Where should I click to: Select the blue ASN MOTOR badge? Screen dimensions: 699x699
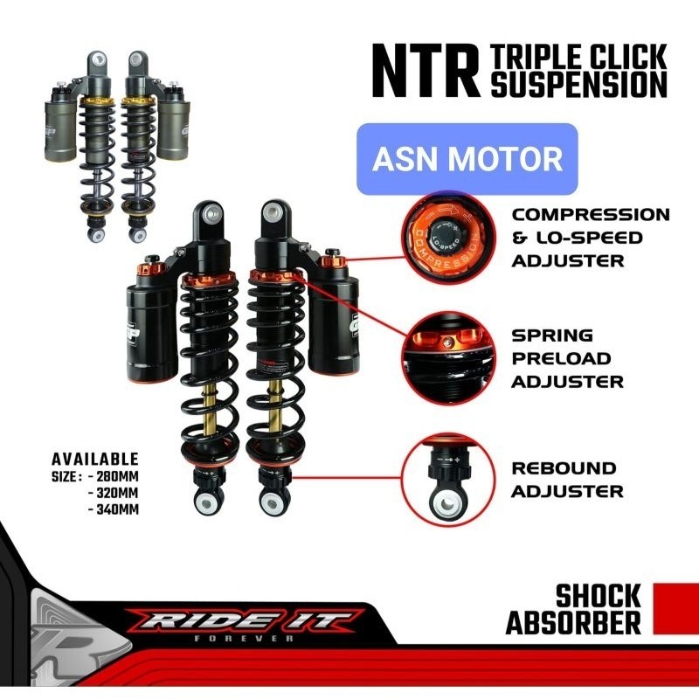[x=467, y=159]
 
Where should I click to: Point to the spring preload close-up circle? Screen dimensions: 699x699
[x=445, y=357]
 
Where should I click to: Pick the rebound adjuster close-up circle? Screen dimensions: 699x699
[x=445, y=480]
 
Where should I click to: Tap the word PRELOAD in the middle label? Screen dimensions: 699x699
[x=562, y=358]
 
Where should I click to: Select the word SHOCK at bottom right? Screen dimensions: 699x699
[x=599, y=598]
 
